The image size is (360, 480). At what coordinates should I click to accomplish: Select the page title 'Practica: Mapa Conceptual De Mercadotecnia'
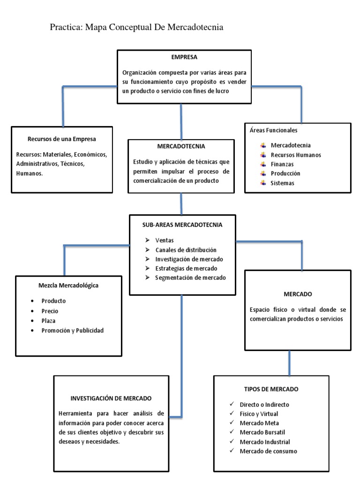(136, 27)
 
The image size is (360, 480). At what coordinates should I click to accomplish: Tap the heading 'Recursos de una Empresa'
(62, 139)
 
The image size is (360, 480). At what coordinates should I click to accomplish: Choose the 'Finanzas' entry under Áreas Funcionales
(282, 164)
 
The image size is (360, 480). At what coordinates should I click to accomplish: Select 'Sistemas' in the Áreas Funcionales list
(283, 183)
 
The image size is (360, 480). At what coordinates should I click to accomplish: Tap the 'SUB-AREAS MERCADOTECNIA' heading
(182, 225)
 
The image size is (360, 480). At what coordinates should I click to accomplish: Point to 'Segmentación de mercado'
(190, 277)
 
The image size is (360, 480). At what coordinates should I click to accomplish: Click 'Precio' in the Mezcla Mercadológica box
(50, 311)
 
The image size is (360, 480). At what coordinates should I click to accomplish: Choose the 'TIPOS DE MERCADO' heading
(271, 389)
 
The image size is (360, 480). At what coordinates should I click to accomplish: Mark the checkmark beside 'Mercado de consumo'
(232, 451)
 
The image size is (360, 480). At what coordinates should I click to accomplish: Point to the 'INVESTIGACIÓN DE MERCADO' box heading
(111, 398)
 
